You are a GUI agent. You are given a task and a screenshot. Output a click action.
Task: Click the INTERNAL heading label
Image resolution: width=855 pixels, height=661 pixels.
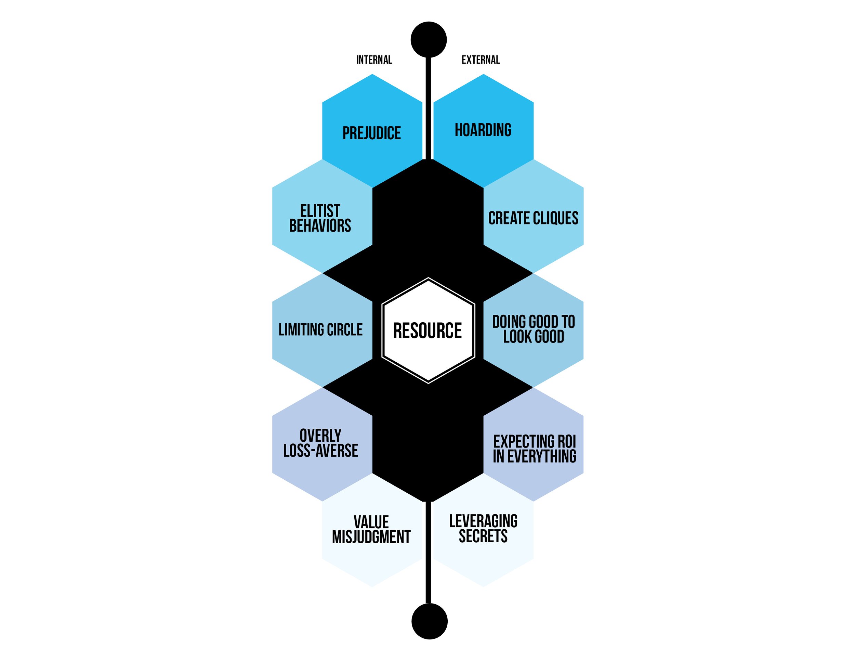(x=374, y=60)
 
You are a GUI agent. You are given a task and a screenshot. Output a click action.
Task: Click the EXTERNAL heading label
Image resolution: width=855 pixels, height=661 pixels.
(x=481, y=60)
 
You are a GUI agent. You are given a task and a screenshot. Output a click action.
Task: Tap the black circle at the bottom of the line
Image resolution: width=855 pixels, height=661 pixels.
(x=429, y=621)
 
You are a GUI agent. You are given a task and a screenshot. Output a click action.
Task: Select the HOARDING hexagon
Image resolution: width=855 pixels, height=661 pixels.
(x=483, y=130)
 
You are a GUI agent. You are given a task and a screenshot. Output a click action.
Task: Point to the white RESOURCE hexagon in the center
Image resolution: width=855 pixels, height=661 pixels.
(x=428, y=330)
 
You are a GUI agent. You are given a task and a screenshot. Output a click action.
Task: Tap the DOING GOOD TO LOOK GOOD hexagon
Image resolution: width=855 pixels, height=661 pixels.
(x=533, y=330)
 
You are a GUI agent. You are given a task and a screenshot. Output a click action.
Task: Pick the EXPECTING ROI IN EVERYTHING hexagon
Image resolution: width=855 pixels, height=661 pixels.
(x=534, y=449)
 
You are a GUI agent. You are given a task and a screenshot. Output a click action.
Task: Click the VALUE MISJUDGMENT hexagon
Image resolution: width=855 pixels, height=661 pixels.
(x=371, y=529)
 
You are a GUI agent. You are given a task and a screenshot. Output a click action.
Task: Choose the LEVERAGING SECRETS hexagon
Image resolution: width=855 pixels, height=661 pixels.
(x=483, y=529)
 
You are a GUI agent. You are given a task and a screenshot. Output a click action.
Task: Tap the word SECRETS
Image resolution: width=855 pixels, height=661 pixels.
(x=483, y=536)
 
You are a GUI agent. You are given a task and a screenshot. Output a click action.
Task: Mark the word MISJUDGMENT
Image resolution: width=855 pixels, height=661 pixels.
(x=371, y=537)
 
